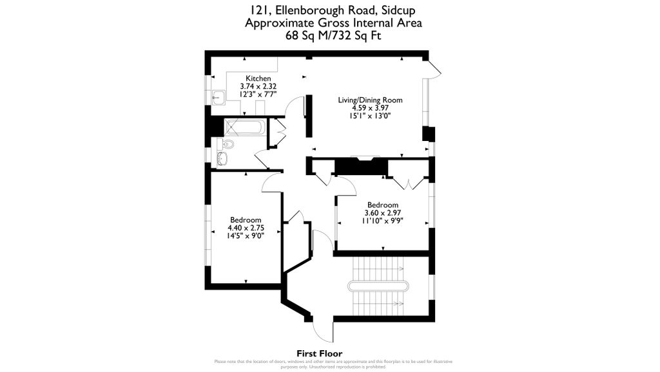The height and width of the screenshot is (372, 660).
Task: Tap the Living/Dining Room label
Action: pos(371,100)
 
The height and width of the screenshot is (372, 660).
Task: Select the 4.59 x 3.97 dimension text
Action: pos(371,108)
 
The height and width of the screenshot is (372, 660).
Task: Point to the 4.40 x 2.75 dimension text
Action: pos(246,227)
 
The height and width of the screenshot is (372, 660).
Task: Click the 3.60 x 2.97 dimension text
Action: pos(383,213)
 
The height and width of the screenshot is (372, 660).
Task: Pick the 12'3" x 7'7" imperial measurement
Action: pos(258,94)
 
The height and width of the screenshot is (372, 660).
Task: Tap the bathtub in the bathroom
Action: pos(245,127)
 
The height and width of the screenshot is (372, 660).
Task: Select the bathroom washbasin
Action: pos(223,158)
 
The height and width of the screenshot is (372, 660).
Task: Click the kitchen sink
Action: pos(218,97)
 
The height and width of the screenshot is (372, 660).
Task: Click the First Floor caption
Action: pos(319,353)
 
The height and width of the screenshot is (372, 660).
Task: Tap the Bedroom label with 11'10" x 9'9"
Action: pos(383,205)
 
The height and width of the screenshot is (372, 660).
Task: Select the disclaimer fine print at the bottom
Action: pos(329,364)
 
